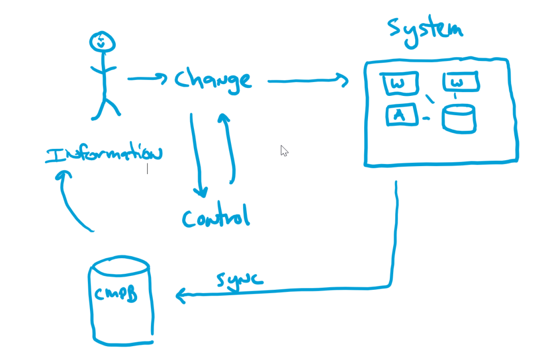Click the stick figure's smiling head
tap(102, 42)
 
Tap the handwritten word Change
tap(213, 80)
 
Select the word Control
tap(216, 217)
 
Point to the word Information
tap(103, 154)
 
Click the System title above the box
tap(424, 29)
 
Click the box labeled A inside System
tap(401, 115)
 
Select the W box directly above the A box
tap(397, 84)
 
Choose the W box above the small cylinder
tap(460, 82)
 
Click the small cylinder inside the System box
tap(459, 118)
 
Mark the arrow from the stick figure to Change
tap(146, 79)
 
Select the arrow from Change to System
tap(307, 81)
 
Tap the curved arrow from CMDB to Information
tap(72, 201)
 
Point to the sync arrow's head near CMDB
tap(181, 295)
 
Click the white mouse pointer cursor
tap(284, 151)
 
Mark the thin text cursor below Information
tap(147, 169)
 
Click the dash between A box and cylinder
tap(426, 118)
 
